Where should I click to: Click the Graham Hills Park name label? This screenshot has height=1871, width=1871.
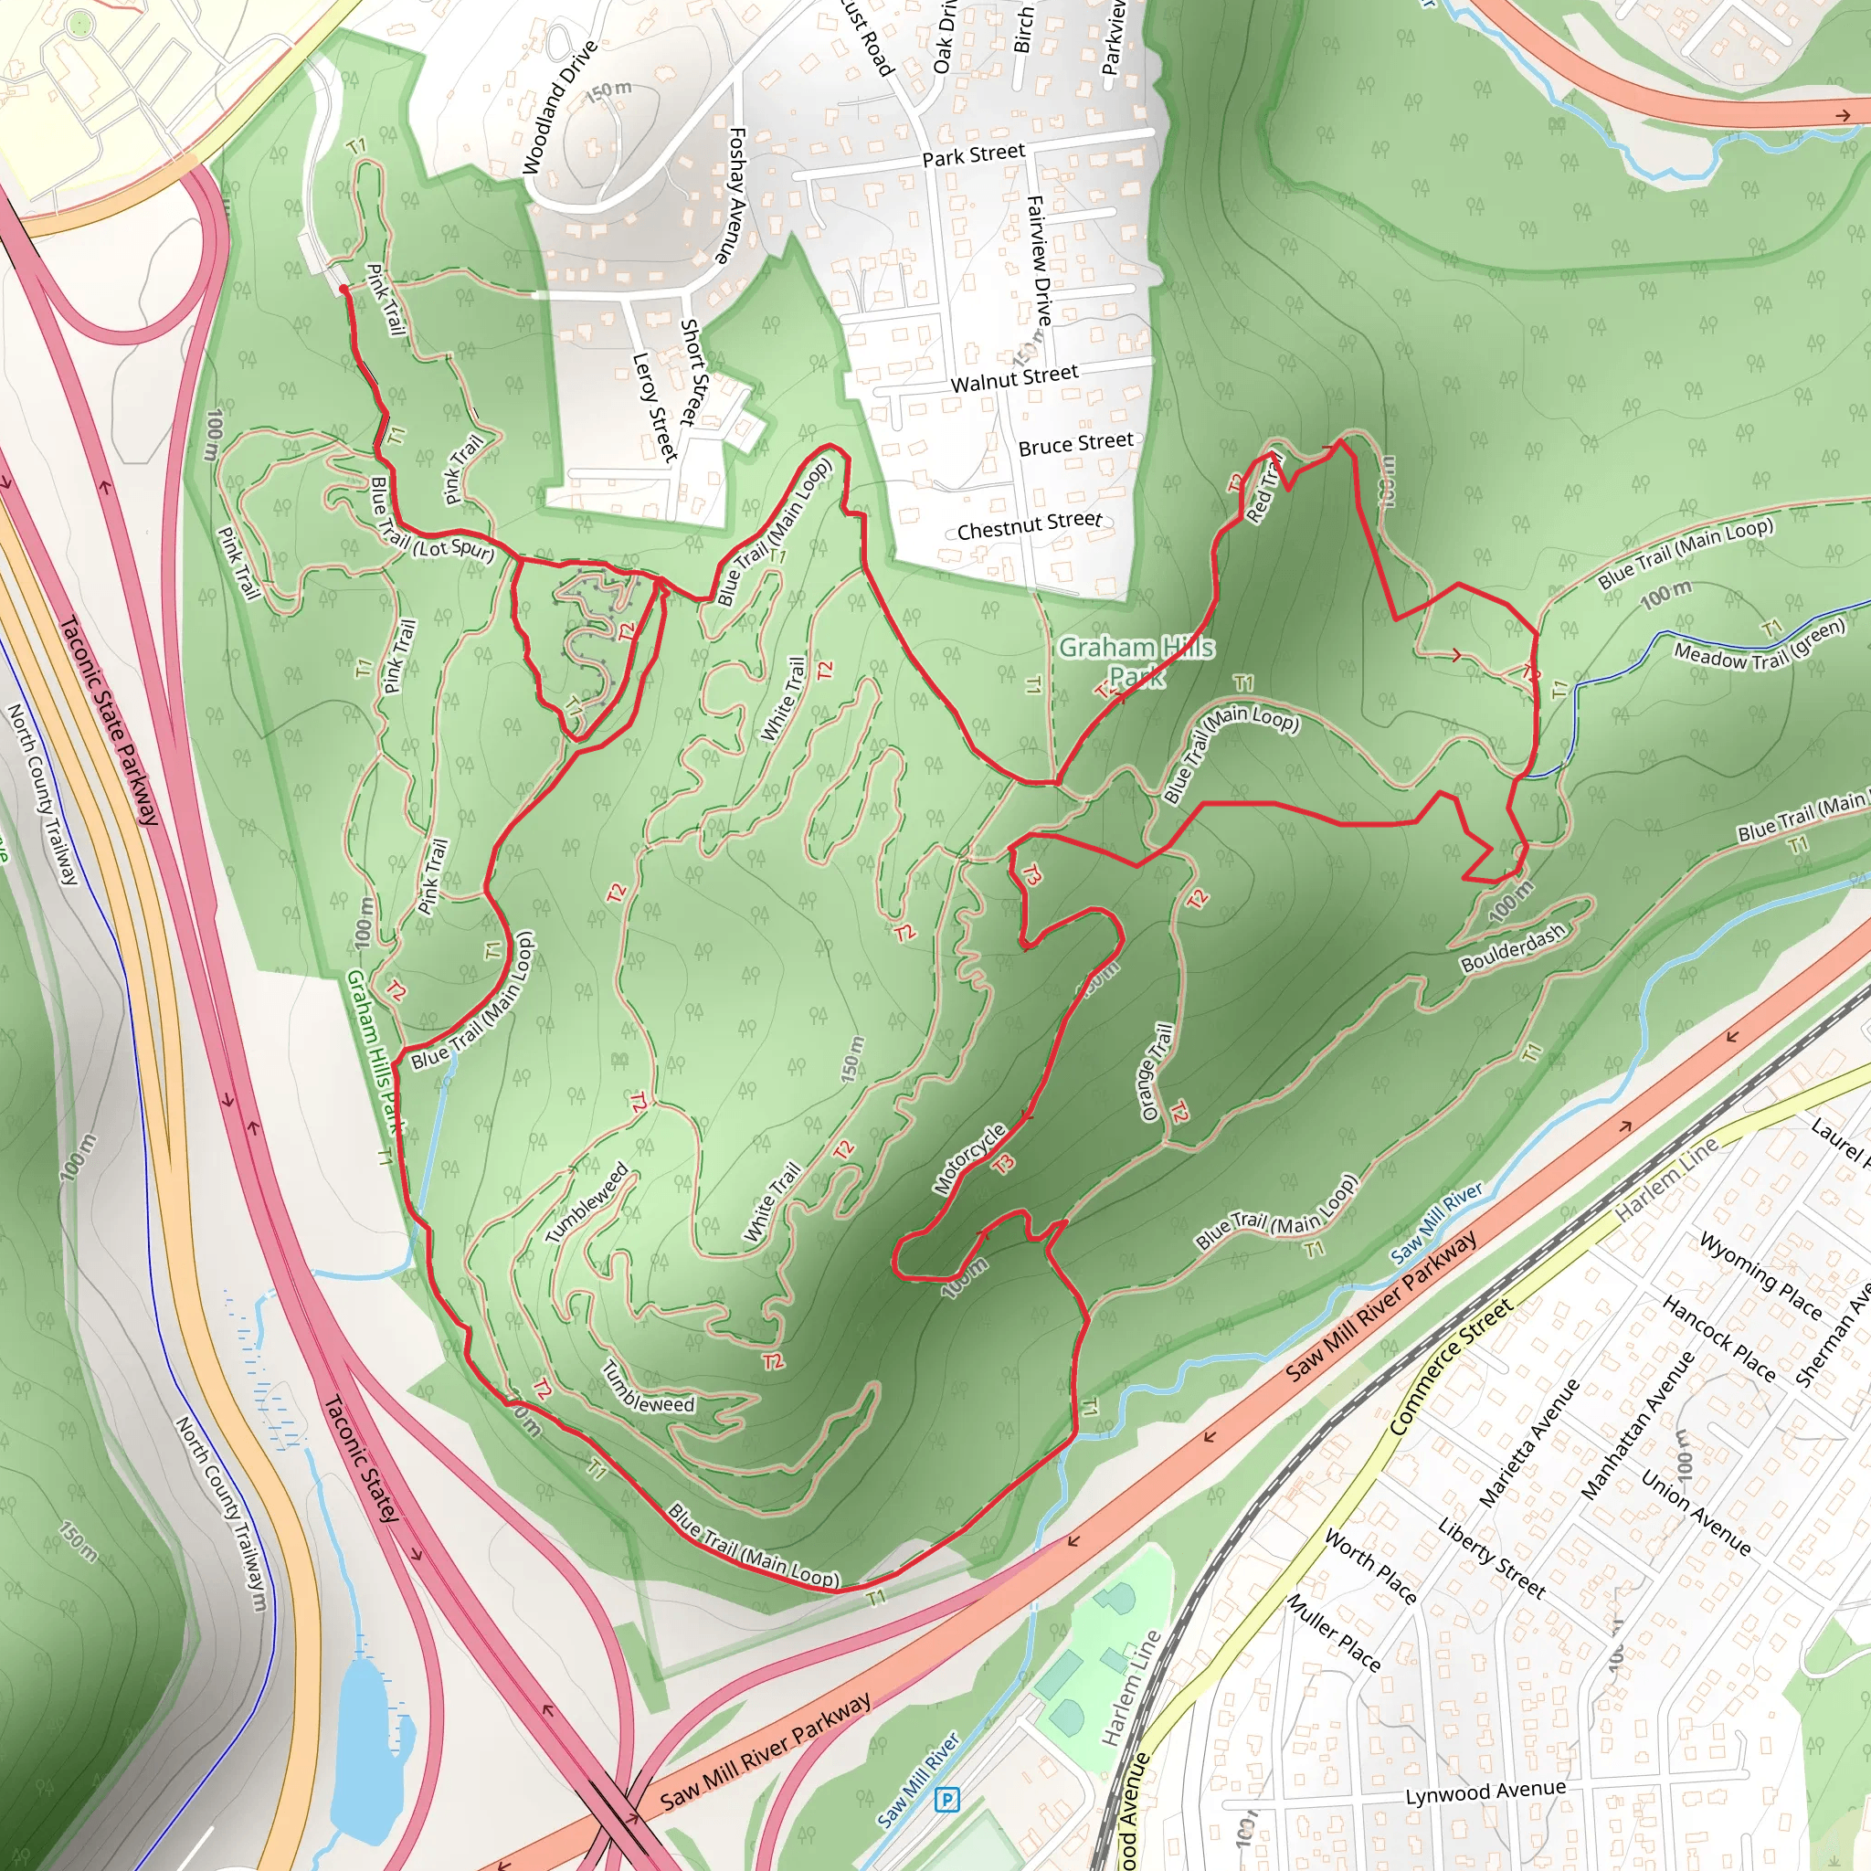[x=1136, y=661]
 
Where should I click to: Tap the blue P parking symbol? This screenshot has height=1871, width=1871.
[x=946, y=1801]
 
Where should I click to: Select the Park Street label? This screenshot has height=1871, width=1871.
[x=972, y=155]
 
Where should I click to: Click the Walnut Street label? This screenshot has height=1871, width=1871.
[x=1014, y=377]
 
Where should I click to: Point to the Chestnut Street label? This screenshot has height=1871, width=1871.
[x=1029, y=526]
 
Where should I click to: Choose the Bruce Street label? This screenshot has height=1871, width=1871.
[x=1075, y=443]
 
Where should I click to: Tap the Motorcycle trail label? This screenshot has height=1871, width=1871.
[x=969, y=1159]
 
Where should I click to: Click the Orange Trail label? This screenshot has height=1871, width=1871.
[x=1157, y=1072]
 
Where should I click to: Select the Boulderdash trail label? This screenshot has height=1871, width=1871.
[x=1513, y=949]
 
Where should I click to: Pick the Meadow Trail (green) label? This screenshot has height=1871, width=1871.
[x=1760, y=641]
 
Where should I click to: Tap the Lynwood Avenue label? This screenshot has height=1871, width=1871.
[x=1485, y=1792]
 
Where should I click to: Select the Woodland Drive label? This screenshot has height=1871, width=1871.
[x=559, y=108]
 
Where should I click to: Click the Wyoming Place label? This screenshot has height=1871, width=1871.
[x=1760, y=1274]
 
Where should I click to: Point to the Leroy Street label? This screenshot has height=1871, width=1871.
[x=654, y=407]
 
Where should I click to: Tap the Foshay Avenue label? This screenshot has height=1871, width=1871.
[x=730, y=195]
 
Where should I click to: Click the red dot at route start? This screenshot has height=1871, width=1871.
[x=343, y=289]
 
